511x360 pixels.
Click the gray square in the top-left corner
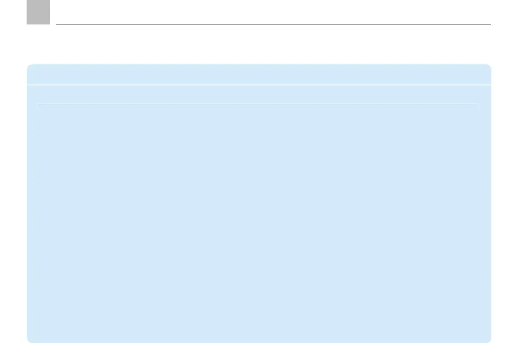(38, 12)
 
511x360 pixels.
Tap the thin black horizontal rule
(273, 24)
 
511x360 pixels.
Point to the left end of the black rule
(56, 24)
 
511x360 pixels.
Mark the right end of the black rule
(490, 24)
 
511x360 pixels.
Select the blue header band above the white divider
(259, 75)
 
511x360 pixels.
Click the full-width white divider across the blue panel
(259, 85)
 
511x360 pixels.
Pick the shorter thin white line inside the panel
(257, 103)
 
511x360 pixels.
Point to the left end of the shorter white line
(37, 103)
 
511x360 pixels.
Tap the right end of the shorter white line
(477, 103)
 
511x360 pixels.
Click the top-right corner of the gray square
(49, 0)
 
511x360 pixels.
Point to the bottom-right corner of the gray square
(49, 24)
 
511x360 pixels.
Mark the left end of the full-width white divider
(27, 85)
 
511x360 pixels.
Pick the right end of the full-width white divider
(490, 85)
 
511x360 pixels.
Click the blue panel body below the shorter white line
(259, 223)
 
